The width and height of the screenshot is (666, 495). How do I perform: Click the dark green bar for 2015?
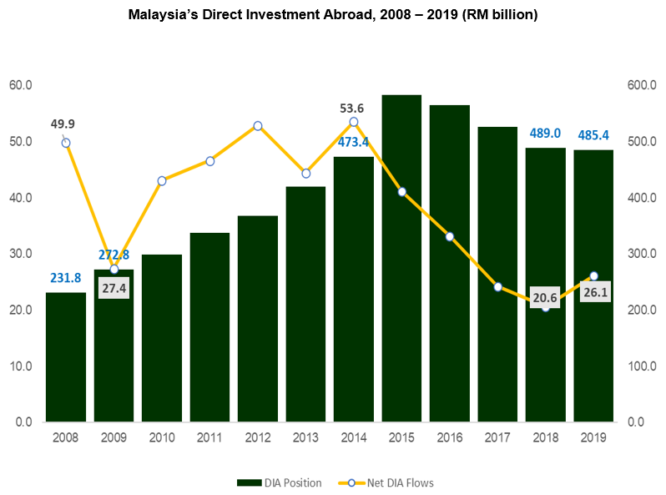click(x=401, y=259)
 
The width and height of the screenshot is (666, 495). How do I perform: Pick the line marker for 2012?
click(x=258, y=126)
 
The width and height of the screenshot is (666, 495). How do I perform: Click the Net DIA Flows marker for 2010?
click(x=162, y=180)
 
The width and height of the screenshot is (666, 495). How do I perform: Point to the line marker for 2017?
click(x=498, y=287)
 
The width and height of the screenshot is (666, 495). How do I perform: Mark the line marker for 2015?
click(x=401, y=192)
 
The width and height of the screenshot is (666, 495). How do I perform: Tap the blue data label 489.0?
click(x=545, y=133)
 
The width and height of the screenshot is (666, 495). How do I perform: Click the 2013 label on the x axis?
click(x=305, y=437)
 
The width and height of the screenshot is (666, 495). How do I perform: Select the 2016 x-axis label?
click(x=450, y=437)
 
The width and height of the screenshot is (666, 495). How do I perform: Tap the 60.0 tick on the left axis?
click(x=20, y=85)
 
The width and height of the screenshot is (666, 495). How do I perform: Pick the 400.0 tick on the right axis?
click(x=642, y=198)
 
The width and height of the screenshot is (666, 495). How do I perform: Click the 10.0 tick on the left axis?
click(x=20, y=366)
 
